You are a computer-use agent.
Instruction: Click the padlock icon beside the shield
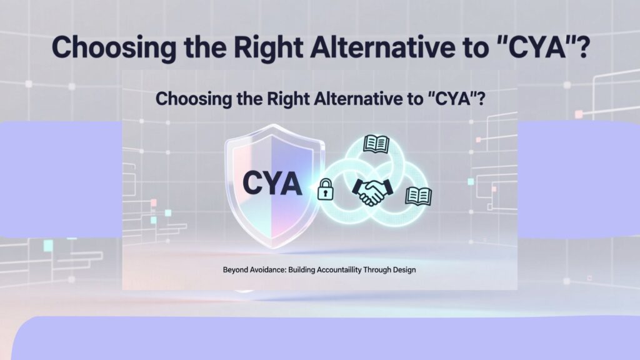click(x=325, y=189)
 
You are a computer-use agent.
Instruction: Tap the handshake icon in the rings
click(x=372, y=191)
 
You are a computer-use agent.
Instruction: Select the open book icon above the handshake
click(x=376, y=144)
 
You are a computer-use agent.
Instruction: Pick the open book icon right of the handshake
click(x=418, y=196)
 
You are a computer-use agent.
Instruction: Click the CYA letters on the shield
click(x=272, y=183)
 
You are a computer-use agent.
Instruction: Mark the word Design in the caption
click(x=404, y=270)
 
